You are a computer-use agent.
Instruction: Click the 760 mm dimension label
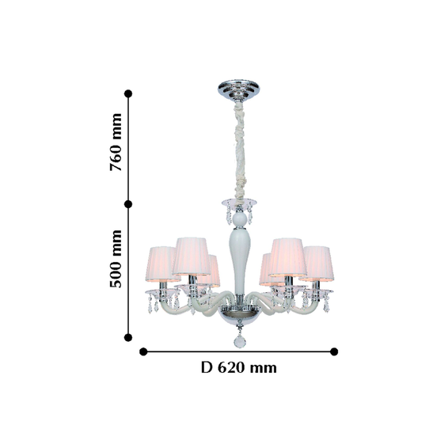[x=116, y=142]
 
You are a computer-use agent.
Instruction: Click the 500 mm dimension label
[x=116, y=259]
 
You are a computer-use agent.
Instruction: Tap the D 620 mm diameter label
[x=239, y=367]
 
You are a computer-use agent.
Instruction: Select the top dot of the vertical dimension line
[x=128, y=93]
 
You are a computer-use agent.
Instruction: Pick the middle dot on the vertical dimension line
[x=128, y=204]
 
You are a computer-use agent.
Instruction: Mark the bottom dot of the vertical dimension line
[x=128, y=337]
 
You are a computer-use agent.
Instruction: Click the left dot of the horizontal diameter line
[x=143, y=351]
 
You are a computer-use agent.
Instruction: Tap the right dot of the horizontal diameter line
[x=334, y=351]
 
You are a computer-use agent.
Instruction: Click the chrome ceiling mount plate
[x=239, y=89]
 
